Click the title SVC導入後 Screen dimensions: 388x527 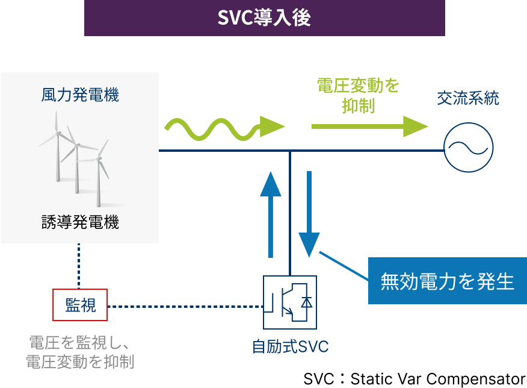pyautogui.click(x=264, y=17)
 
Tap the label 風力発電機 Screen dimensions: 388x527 pyautogui.click(x=80, y=95)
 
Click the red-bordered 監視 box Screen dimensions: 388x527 pyautogui.click(x=80, y=305)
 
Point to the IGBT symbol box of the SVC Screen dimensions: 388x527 pyautogui.click(x=290, y=302)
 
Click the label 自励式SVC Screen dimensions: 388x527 pyautogui.click(x=290, y=347)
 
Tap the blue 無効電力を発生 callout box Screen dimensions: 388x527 pyautogui.click(x=448, y=281)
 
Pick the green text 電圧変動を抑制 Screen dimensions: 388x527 pyautogui.click(x=358, y=96)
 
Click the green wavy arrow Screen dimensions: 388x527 pyautogui.click(x=223, y=127)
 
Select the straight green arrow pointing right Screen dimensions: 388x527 pyautogui.click(x=369, y=127)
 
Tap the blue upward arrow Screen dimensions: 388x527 pyautogui.click(x=271, y=214)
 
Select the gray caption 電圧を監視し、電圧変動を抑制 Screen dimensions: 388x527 pyautogui.click(x=80, y=352)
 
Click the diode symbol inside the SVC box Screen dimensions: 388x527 pyautogui.click(x=306, y=302)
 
